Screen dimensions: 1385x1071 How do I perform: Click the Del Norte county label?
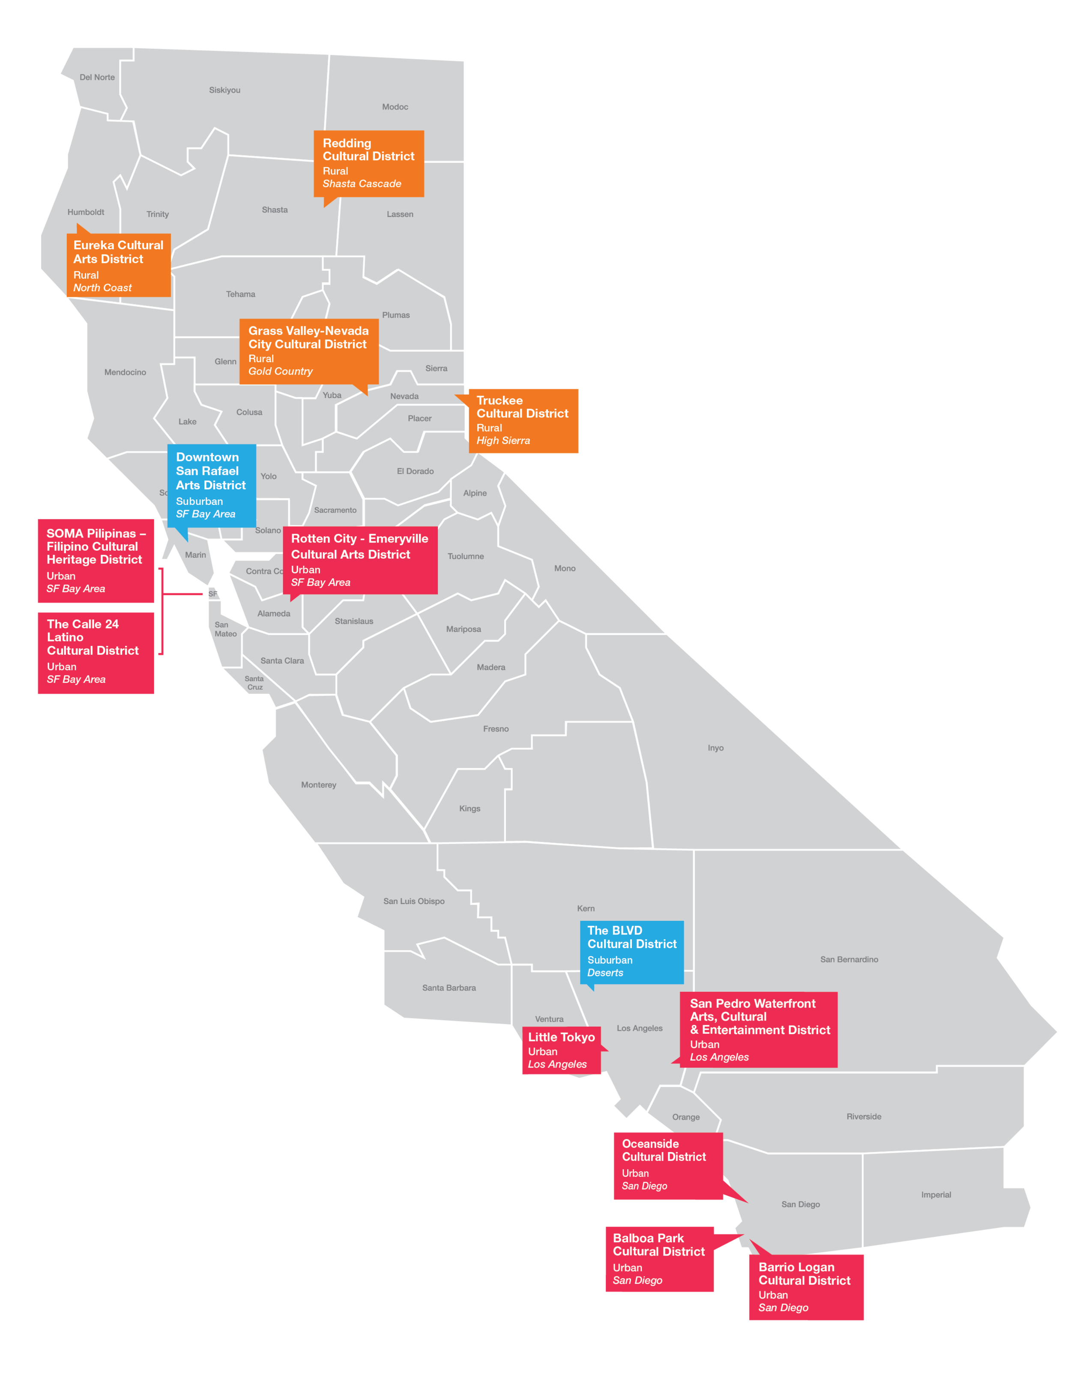(97, 78)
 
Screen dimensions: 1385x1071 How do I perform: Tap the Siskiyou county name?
(224, 90)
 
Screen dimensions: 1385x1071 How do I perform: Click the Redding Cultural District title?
(368, 149)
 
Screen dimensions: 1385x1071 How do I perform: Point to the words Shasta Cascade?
(362, 184)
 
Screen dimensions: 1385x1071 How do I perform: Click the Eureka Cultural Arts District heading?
(118, 252)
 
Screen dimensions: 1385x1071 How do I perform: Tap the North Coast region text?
(102, 288)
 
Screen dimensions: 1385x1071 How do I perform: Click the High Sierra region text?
(503, 441)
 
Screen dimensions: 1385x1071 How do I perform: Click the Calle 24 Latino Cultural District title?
(92, 637)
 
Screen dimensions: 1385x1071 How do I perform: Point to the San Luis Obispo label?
(414, 901)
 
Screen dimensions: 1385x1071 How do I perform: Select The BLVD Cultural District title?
(631, 937)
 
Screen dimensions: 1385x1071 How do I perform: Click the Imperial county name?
(936, 1195)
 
